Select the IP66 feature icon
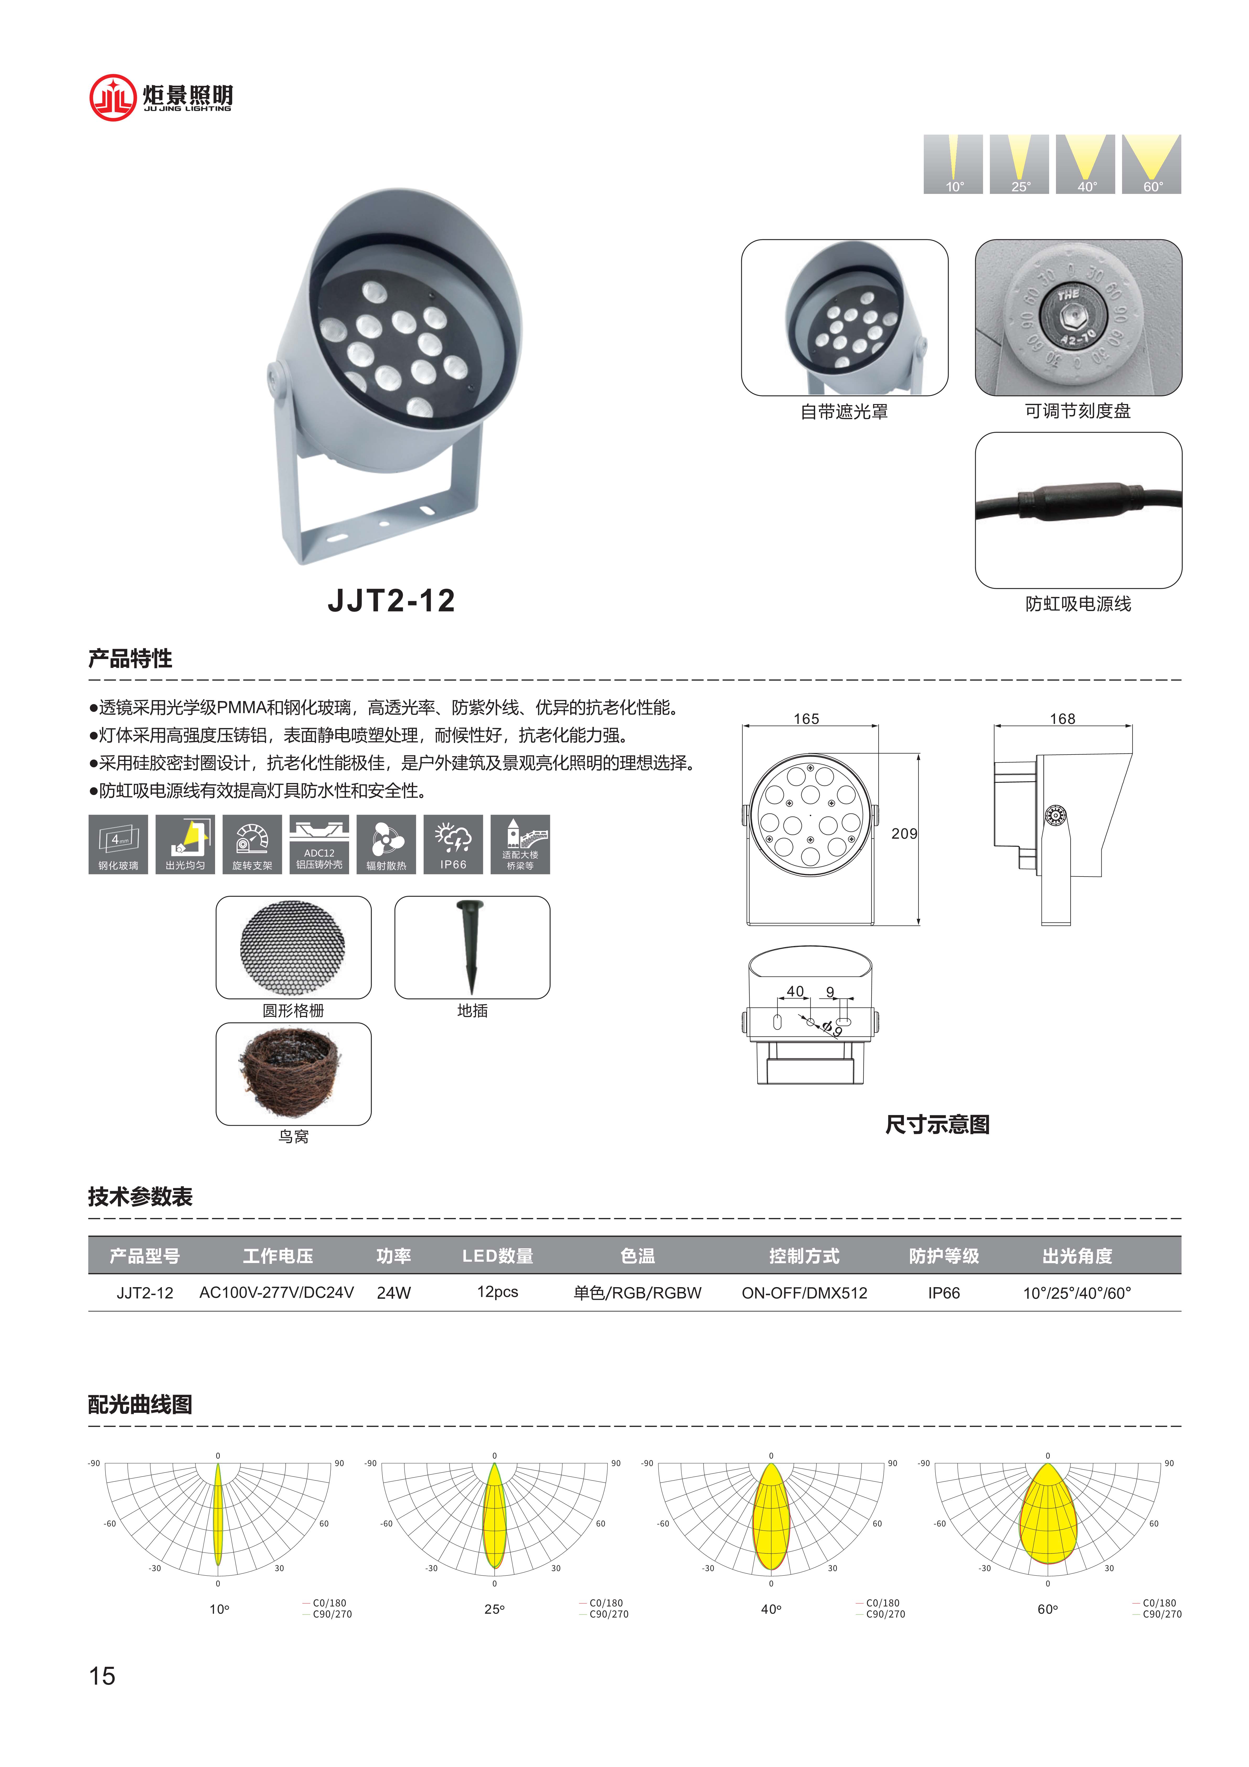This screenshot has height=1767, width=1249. coord(453,844)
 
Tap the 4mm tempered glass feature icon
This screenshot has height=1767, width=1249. coord(118,844)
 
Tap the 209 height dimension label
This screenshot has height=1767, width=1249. coord(904,834)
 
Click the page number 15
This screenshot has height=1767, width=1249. coord(102,1675)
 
